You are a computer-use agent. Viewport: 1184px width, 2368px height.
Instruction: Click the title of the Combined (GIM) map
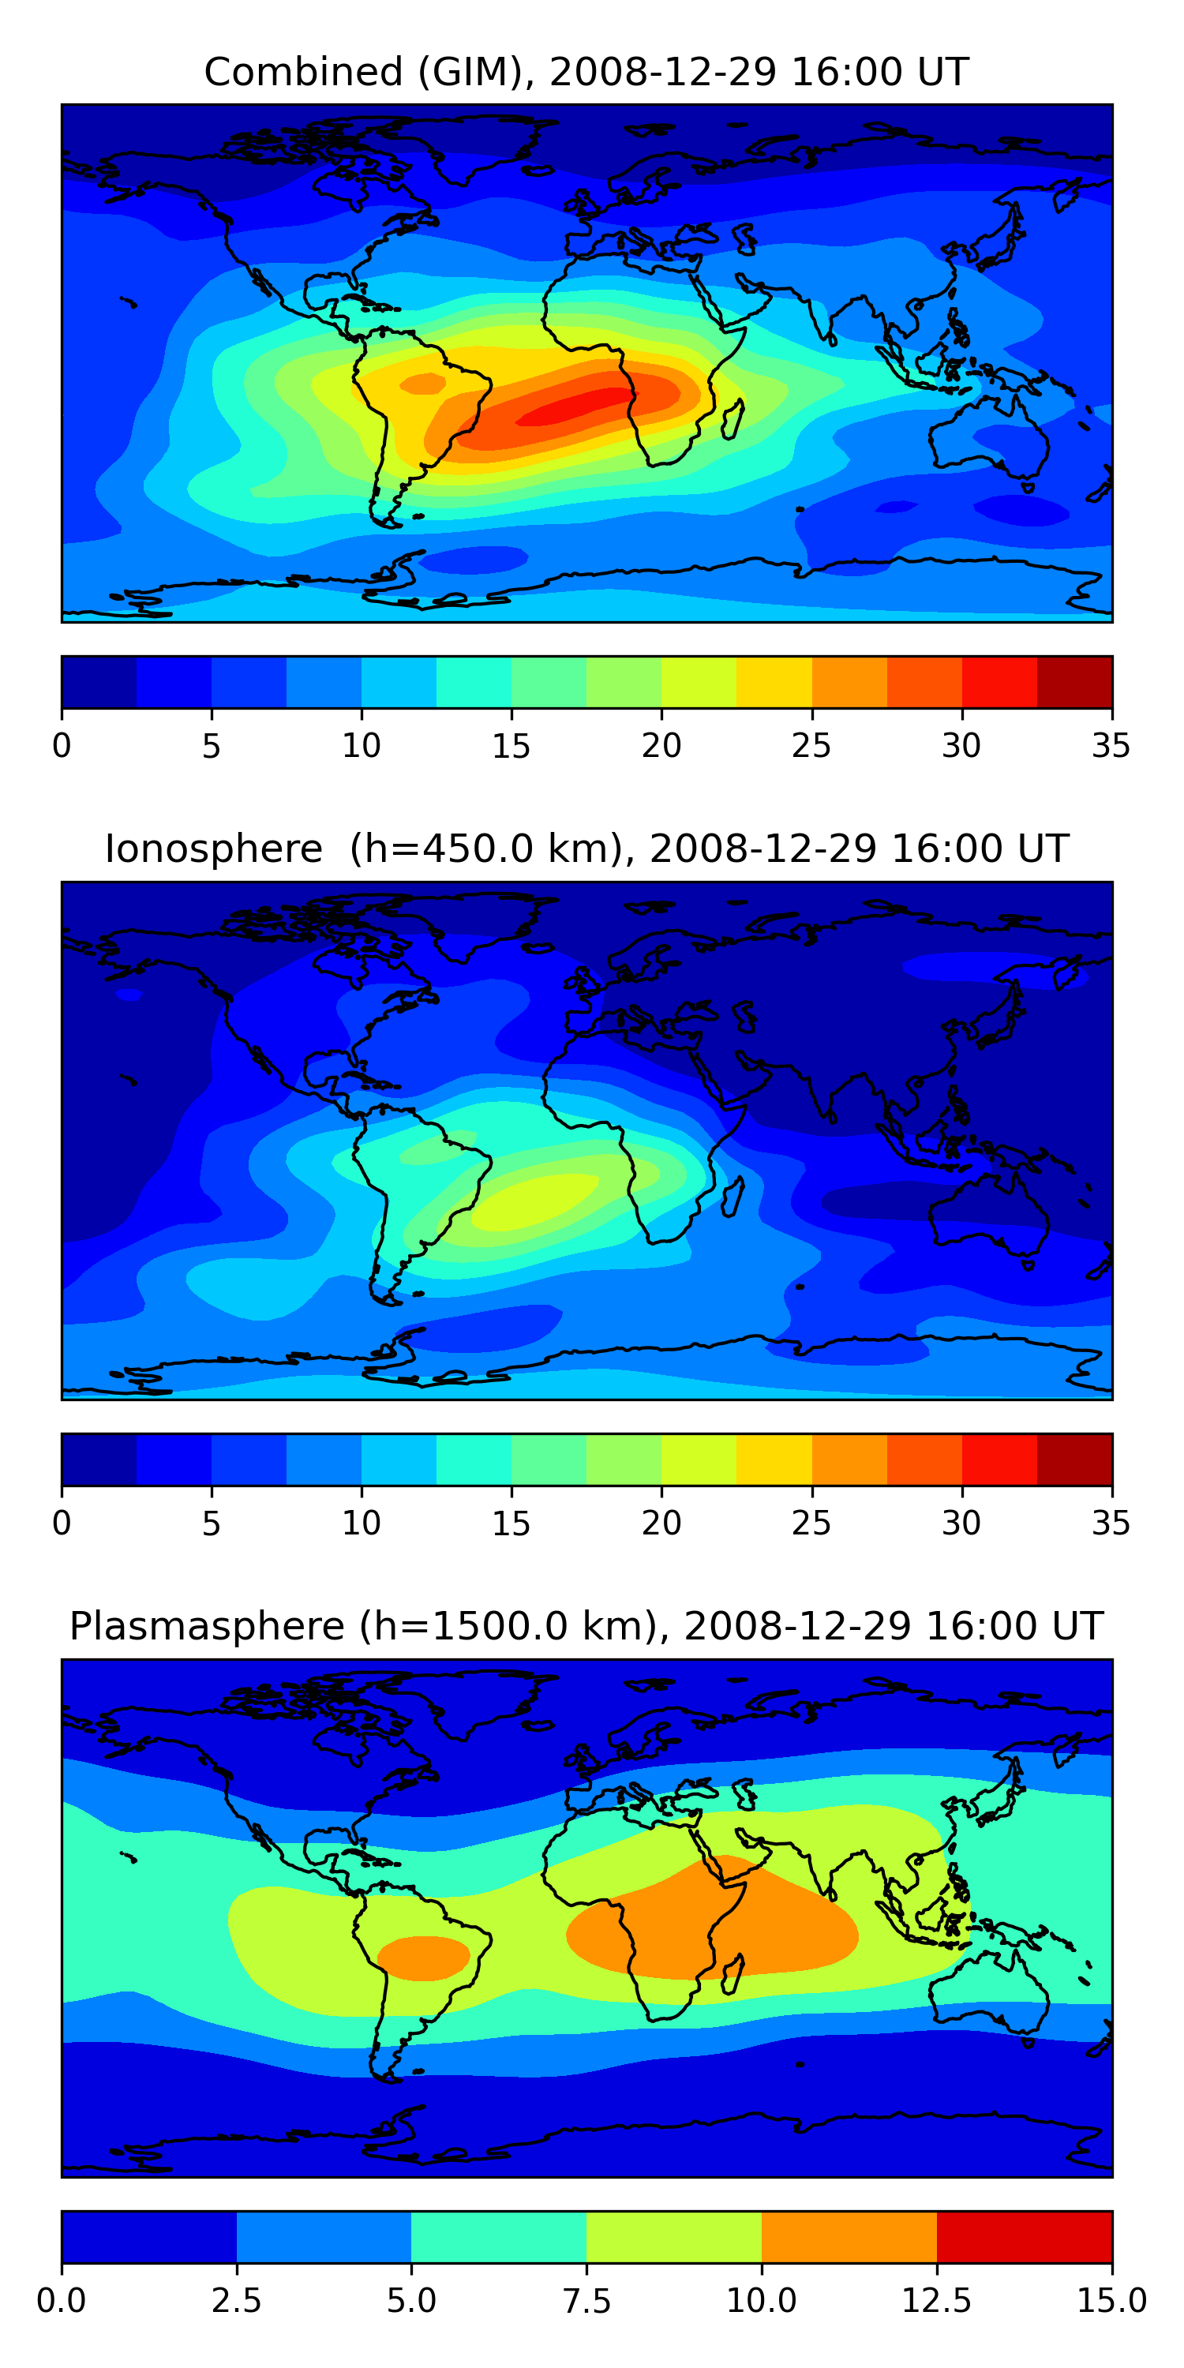click(x=586, y=72)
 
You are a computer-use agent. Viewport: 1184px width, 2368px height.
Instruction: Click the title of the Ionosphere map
click(x=586, y=849)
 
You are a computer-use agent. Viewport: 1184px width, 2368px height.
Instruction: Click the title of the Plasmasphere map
click(x=586, y=1626)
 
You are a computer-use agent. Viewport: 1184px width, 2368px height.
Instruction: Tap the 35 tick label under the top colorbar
click(x=1111, y=745)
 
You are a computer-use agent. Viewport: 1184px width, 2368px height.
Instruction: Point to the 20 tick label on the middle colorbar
click(x=661, y=1523)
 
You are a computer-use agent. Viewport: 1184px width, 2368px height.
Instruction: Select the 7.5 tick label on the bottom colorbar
click(x=586, y=2301)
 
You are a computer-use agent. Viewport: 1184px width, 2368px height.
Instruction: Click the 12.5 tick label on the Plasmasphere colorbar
click(x=936, y=2301)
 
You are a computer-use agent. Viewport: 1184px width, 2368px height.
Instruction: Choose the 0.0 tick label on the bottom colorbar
click(x=62, y=2301)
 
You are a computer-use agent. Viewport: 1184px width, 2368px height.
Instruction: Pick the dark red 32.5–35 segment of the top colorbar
click(x=1073, y=682)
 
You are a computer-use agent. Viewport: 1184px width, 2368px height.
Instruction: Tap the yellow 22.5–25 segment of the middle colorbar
click(x=774, y=1459)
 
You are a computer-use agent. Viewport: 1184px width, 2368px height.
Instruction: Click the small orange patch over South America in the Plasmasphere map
click(x=423, y=1958)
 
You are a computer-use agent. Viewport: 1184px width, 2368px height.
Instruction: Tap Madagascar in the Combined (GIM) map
click(x=732, y=419)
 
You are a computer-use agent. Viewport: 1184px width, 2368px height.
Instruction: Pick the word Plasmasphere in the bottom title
click(x=208, y=1626)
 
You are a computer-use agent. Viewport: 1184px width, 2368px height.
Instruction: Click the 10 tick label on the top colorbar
click(x=362, y=745)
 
